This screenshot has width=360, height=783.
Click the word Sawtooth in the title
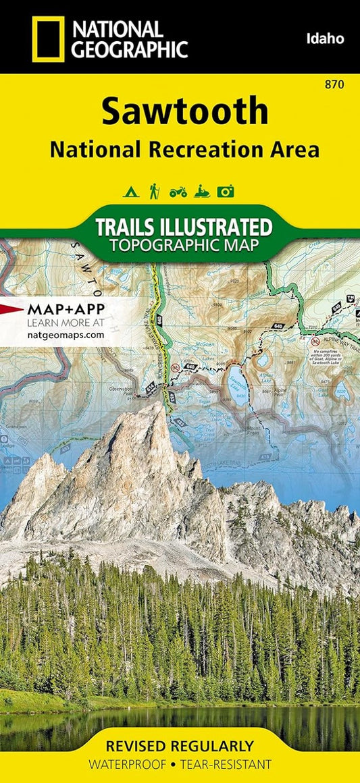[x=184, y=112]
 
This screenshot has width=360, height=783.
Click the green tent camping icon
[x=130, y=192]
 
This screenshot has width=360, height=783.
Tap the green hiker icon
[x=154, y=191]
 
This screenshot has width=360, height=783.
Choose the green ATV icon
[x=178, y=192]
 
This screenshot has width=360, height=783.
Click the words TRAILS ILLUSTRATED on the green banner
[x=184, y=226]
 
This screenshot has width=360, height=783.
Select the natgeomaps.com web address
[x=66, y=333]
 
